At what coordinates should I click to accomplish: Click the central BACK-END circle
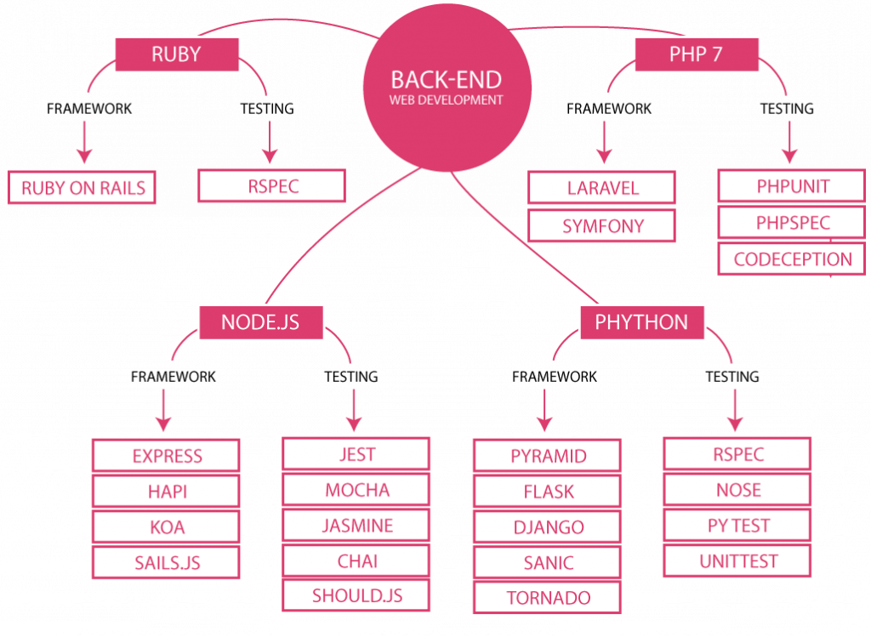tap(447, 88)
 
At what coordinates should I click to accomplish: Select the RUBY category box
tap(176, 54)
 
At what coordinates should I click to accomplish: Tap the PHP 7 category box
tap(696, 54)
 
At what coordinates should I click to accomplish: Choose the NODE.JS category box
tap(260, 322)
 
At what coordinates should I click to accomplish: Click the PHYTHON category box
tap(641, 322)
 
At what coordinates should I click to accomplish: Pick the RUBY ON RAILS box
tap(83, 188)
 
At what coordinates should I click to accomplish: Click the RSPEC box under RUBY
tap(272, 186)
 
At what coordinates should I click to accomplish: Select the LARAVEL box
tap(602, 188)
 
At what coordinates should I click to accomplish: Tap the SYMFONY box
tap(602, 226)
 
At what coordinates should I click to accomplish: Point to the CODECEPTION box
tap(792, 259)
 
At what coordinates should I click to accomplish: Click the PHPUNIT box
tap(792, 186)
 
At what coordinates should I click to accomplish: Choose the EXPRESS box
tap(167, 456)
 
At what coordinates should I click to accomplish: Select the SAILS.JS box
tap(167, 562)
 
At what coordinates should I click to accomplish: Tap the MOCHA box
tap(357, 490)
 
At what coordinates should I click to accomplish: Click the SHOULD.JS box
tap(357, 595)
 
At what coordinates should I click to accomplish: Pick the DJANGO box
tap(548, 527)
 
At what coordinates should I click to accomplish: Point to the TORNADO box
tap(548, 598)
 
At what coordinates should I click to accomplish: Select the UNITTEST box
tap(737, 561)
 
